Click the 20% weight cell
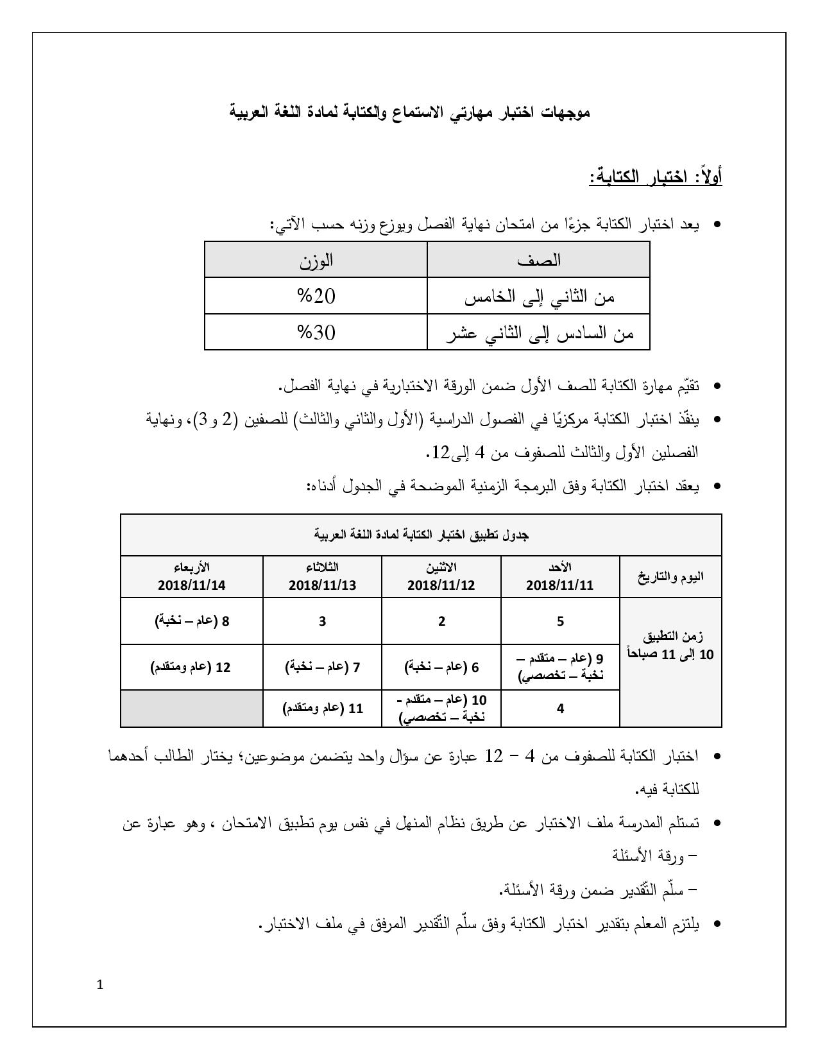(x=316, y=297)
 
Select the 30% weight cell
(x=316, y=332)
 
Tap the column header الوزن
(x=316, y=260)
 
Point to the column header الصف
(x=538, y=260)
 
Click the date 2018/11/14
(x=191, y=585)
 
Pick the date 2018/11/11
(x=559, y=585)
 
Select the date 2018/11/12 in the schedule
(x=441, y=585)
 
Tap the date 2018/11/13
(x=322, y=585)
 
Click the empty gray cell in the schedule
(x=191, y=709)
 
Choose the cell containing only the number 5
(x=560, y=621)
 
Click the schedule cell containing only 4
(x=560, y=709)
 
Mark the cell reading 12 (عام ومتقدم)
(x=191, y=667)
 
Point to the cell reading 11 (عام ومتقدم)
(x=322, y=709)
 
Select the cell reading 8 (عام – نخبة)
(x=191, y=621)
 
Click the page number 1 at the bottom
(x=99, y=985)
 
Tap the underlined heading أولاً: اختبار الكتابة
(x=656, y=176)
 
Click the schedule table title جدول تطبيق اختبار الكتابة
(x=421, y=535)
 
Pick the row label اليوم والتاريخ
(x=670, y=576)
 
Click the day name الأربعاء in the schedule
(x=191, y=568)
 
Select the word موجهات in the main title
(x=563, y=113)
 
